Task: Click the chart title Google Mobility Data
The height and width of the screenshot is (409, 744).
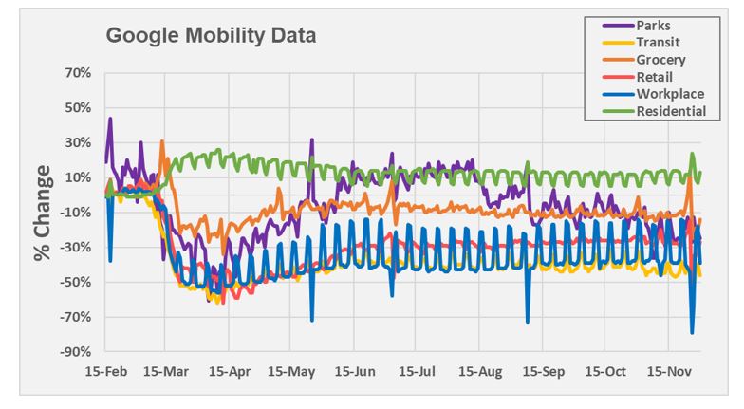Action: click(211, 37)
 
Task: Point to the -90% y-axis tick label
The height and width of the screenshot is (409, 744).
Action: click(75, 352)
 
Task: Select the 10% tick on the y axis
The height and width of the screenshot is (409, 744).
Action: click(77, 177)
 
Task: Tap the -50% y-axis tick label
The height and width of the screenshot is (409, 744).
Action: click(75, 282)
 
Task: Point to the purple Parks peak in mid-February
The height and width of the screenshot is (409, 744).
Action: click(110, 120)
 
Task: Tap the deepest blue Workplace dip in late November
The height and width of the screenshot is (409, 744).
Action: click(692, 332)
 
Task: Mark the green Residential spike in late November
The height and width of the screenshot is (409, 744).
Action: click(693, 154)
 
